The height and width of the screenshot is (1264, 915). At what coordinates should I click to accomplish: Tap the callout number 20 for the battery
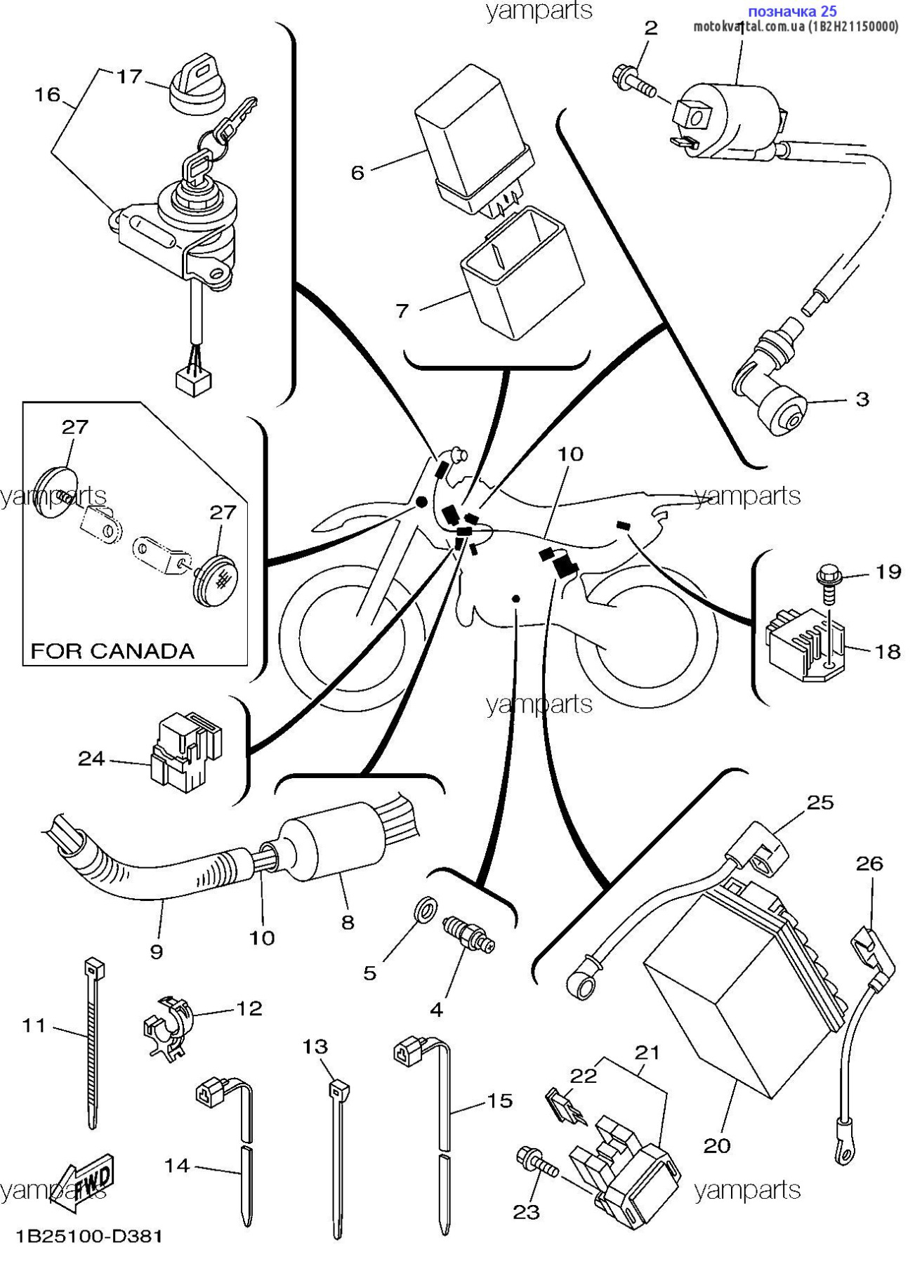(x=717, y=1146)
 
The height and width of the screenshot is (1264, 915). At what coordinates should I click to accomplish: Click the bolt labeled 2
(x=635, y=82)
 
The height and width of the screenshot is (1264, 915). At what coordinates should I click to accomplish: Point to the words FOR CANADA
(x=112, y=651)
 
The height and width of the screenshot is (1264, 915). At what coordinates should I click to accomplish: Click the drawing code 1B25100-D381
(x=89, y=1236)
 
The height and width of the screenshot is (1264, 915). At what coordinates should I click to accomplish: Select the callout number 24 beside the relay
(x=91, y=758)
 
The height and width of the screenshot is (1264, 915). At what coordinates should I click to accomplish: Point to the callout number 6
(x=357, y=173)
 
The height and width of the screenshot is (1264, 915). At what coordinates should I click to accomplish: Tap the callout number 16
(x=48, y=94)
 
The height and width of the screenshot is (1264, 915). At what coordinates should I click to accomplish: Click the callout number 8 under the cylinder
(x=348, y=922)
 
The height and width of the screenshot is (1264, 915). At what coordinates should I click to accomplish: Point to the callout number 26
(x=869, y=863)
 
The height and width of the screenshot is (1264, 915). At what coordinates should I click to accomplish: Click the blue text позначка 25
(x=792, y=12)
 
